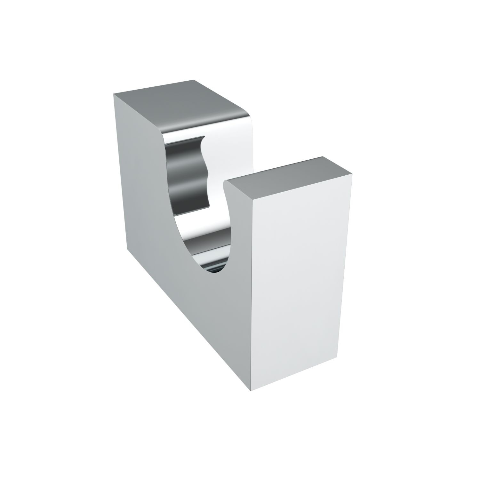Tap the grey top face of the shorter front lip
coord(288,179)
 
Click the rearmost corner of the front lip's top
coord(322,156)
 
